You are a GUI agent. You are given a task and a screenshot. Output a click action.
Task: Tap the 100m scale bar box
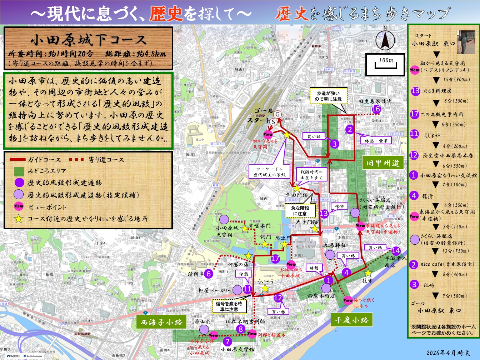(x=385, y=64)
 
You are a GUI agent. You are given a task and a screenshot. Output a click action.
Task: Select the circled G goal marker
(x=277, y=114)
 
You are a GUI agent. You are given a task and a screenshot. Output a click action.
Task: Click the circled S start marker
(x=273, y=122)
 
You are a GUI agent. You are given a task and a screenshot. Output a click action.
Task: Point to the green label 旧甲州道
(x=383, y=163)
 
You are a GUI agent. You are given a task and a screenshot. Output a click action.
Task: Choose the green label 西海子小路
(x=161, y=322)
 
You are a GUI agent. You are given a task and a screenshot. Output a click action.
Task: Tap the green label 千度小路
(x=351, y=320)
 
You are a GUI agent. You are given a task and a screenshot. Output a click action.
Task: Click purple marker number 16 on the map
(x=376, y=109)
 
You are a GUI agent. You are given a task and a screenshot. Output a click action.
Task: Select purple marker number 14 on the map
(x=396, y=251)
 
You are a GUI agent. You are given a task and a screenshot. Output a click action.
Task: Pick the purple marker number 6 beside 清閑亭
(x=209, y=274)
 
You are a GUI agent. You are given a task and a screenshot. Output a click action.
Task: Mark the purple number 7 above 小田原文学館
(x=227, y=341)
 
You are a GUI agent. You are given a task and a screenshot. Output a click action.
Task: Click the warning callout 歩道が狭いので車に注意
(x=328, y=96)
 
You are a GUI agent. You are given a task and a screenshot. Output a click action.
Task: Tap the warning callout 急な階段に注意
(x=300, y=210)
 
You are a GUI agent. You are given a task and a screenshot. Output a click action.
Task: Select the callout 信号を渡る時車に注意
(x=229, y=306)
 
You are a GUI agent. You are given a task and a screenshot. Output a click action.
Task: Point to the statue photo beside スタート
(x=466, y=42)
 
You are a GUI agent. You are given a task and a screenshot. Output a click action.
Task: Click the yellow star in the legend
(x=19, y=219)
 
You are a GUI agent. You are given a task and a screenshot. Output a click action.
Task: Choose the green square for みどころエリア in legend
(x=19, y=171)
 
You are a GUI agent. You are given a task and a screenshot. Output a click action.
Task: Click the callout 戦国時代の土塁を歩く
(x=311, y=175)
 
